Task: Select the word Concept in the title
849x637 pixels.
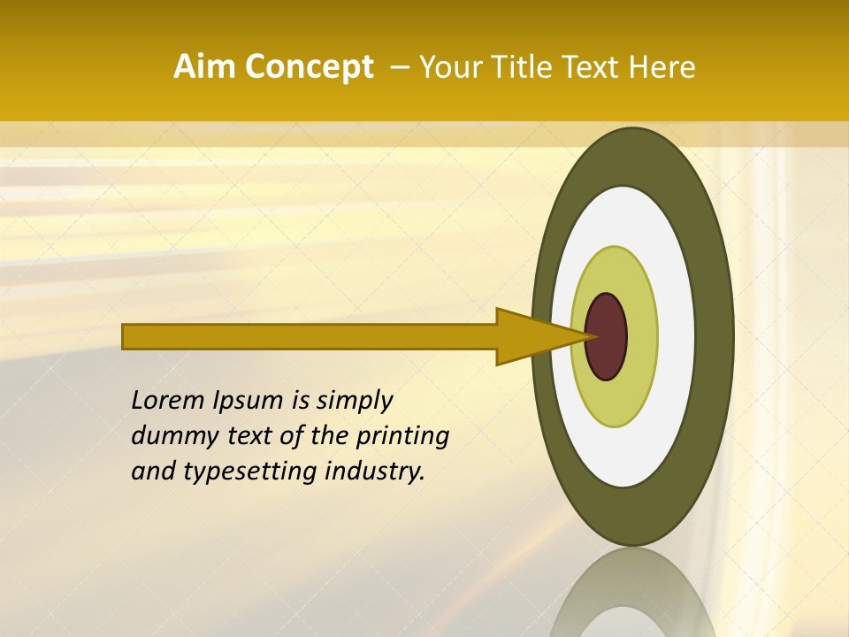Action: click(309, 67)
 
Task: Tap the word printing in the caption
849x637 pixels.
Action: click(402, 437)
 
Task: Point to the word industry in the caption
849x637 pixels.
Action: click(375, 472)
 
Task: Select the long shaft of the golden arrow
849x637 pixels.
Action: click(310, 336)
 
